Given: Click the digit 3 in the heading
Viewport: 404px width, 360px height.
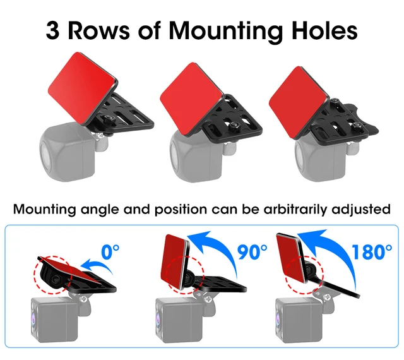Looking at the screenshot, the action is click(x=52, y=30).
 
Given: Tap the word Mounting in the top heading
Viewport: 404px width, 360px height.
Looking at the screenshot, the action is click(x=225, y=32).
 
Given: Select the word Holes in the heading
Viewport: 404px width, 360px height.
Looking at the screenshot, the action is click(x=324, y=30).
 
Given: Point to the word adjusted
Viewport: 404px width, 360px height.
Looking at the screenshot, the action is click(x=361, y=210).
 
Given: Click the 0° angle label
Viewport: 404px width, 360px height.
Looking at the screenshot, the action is click(x=110, y=252).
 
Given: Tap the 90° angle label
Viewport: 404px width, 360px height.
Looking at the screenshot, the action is click(x=252, y=252).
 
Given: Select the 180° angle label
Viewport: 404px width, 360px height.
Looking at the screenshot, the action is click(x=372, y=252).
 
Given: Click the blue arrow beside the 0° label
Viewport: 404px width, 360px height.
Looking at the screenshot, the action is click(x=97, y=265).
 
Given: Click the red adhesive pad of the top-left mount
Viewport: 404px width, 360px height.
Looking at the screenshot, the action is click(x=82, y=87).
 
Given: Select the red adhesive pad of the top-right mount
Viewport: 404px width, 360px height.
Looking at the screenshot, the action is click(x=299, y=102).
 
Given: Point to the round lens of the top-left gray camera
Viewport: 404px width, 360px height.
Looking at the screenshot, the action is click(x=44, y=152).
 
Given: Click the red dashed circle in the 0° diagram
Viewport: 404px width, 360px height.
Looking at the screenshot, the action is click(x=52, y=275).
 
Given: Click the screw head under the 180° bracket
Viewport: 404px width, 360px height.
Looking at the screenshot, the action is click(x=327, y=297).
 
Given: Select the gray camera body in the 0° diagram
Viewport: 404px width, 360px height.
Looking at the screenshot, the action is click(x=54, y=319).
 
